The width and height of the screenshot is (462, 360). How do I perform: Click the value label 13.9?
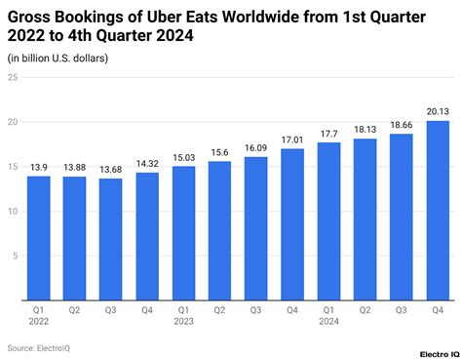coord(38,168)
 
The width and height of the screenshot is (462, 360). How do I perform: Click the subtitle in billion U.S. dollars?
coord(58,59)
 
